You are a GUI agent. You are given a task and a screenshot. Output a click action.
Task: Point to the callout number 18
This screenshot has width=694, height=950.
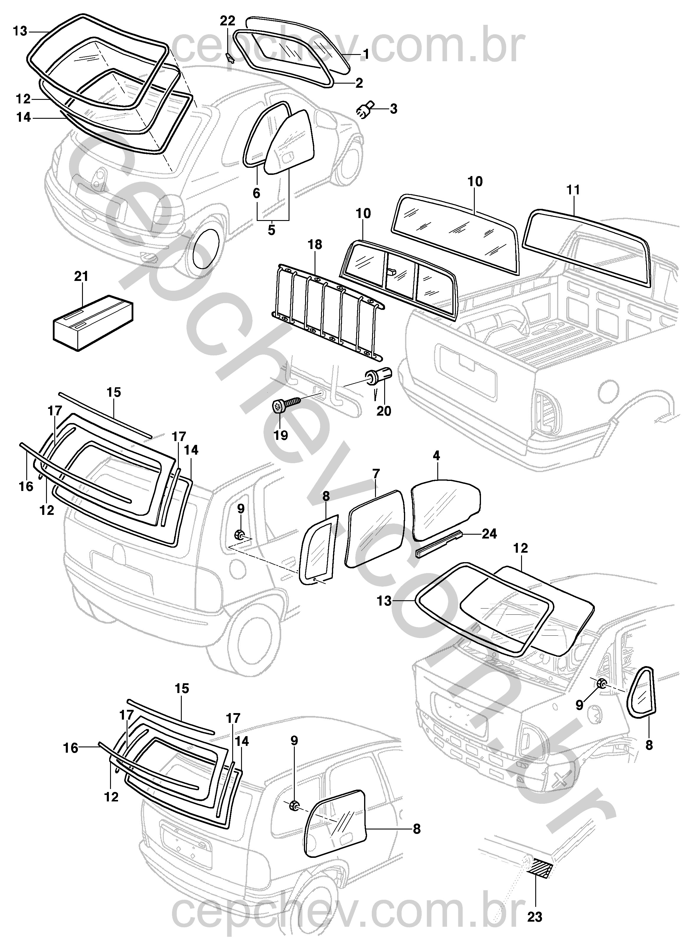(x=315, y=245)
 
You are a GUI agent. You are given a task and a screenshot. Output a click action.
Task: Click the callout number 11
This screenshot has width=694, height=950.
(x=573, y=190)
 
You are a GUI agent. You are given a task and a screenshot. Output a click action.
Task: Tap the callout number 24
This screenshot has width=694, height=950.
(x=489, y=534)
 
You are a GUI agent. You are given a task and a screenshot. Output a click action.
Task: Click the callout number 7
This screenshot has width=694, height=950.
(x=376, y=474)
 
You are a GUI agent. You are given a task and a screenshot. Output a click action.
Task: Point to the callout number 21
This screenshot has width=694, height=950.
(x=81, y=277)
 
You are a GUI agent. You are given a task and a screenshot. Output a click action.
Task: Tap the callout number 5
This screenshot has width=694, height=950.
(x=271, y=230)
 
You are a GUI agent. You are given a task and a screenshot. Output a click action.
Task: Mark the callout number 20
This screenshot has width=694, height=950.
(x=384, y=410)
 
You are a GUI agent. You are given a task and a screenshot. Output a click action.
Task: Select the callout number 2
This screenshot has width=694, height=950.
(x=359, y=83)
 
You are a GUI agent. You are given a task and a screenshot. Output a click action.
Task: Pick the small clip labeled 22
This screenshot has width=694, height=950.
(x=229, y=57)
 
